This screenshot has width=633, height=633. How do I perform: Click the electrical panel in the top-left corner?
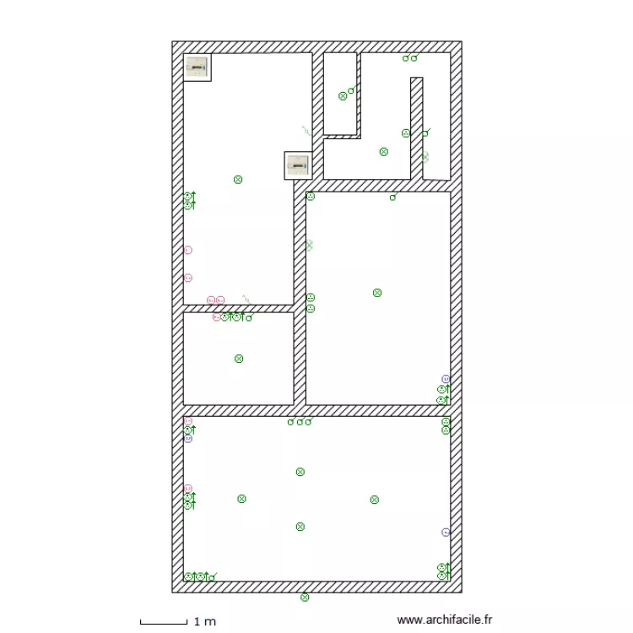click(197, 67)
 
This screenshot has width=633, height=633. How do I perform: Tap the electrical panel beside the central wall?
click(297, 165)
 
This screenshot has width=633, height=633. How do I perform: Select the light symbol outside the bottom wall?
click(305, 598)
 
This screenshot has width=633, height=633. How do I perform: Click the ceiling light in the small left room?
click(239, 359)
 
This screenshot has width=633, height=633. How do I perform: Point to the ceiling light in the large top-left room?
click(238, 180)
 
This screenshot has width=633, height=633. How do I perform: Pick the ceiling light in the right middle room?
click(377, 293)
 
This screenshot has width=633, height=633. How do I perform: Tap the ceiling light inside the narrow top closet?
click(343, 96)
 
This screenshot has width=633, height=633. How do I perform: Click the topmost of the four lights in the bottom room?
click(300, 472)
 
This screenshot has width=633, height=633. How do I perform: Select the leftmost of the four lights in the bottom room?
click(242, 499)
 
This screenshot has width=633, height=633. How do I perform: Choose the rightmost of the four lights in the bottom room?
click(374, 500)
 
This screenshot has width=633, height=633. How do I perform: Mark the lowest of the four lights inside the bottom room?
click(300, 527)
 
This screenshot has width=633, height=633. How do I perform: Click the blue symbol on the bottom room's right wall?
click(446, 533)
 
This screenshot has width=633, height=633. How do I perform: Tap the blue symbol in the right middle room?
click(446, 379)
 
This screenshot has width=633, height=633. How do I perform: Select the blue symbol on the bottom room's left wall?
click(188, 439)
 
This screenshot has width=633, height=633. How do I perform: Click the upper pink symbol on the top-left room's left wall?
click(188, 250)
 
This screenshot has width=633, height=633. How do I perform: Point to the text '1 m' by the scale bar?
click(205, 622)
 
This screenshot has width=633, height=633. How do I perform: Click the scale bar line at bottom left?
click(164, 623)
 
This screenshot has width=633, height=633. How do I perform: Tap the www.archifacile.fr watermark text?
click(444, 619)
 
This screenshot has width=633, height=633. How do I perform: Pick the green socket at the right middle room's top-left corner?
click(311, 197)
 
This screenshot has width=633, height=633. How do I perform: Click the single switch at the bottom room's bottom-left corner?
click(210, 577)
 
